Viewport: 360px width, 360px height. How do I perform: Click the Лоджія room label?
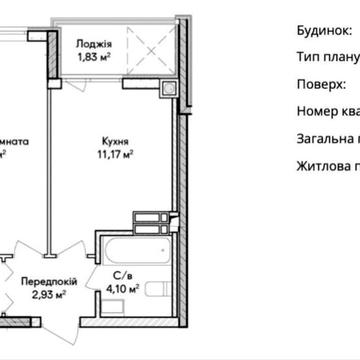pyautogui.click(x=96, y=44)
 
